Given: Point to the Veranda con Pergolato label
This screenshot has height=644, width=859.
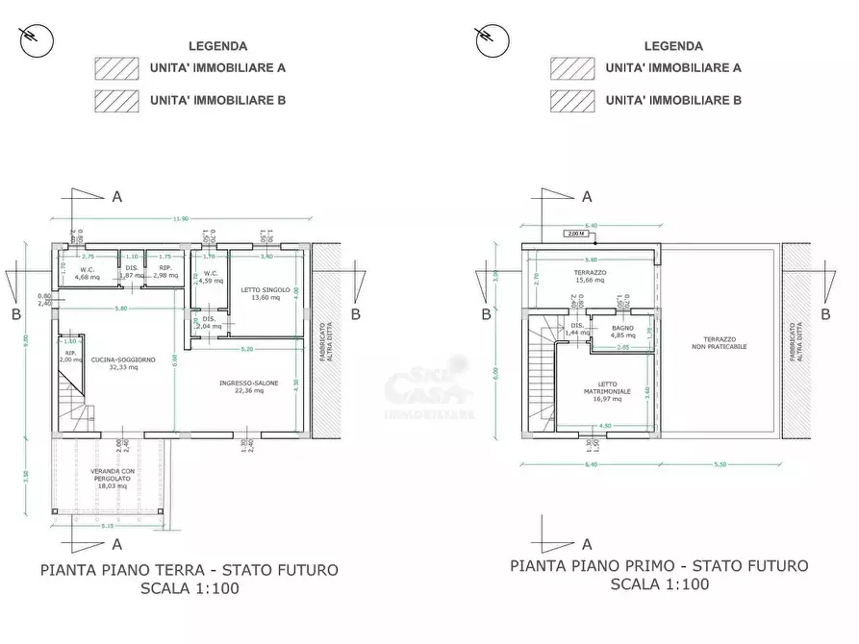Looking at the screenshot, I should tap(109, 478).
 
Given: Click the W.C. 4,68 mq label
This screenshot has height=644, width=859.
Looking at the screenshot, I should tap(88, 273).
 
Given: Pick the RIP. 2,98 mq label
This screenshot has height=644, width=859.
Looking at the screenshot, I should tap(165, 271).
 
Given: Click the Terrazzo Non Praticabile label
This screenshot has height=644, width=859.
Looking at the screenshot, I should tap(724, 343).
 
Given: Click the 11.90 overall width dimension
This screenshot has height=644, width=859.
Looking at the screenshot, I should tap(180, 220).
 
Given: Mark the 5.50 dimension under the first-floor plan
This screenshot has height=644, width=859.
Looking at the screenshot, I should tap(721, 465).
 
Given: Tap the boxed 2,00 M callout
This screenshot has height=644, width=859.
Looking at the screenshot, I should tap(576, 234).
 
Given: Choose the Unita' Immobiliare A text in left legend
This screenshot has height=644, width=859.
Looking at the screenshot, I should tap(217, 68).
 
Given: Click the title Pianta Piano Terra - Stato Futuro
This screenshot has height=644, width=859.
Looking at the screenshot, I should tap(189, 570).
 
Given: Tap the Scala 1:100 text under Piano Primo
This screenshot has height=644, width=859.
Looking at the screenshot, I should tap(659, 584).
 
